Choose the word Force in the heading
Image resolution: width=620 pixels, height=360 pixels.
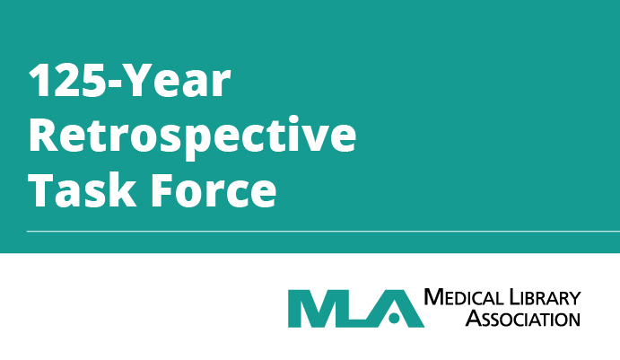[x=214, y=190]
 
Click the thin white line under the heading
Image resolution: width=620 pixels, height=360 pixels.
[x=323, y=231]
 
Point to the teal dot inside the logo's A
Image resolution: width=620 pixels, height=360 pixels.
[x=394, y=318]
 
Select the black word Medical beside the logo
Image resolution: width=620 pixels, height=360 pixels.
[x=464, y=297]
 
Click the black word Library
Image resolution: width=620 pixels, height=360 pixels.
[x=546, y=297]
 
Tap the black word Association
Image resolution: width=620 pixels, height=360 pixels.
[x=523, y=319]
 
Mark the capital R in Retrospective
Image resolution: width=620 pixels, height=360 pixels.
[x=43, y=134]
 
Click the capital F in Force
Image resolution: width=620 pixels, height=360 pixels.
[x=163, y=190]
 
